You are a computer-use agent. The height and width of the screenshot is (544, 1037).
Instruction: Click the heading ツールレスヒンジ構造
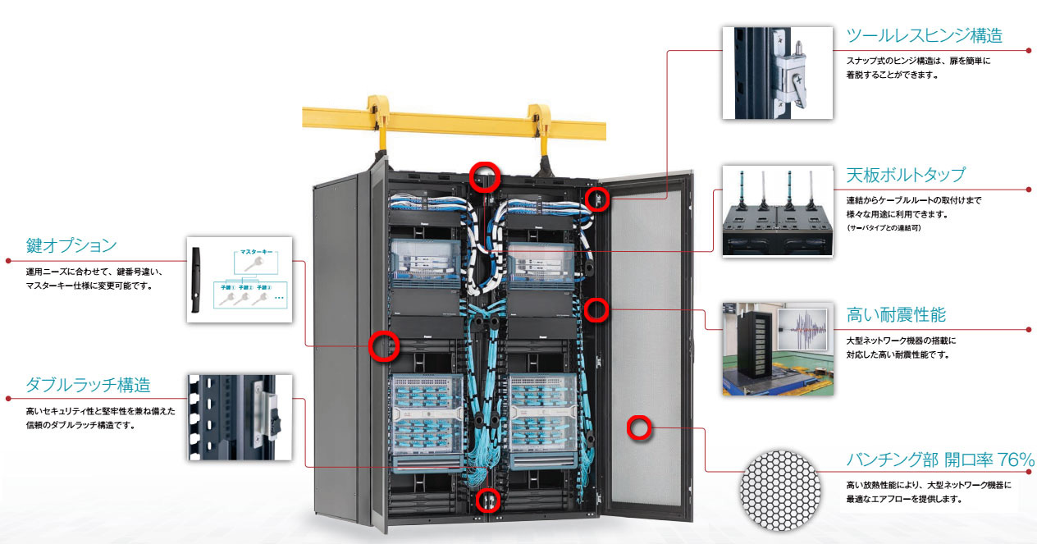point(924,36)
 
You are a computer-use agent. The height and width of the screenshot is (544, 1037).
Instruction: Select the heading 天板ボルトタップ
point(905,176)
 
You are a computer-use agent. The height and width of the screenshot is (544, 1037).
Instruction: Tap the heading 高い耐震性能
point(896,315)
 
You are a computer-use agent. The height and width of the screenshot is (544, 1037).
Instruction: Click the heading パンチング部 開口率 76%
point(940,459)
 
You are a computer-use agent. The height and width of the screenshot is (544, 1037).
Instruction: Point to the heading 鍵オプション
point(71,245)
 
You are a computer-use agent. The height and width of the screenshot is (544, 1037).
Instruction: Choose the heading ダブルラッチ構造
point(88,385)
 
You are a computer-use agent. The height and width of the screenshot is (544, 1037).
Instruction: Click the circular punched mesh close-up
point(779,490)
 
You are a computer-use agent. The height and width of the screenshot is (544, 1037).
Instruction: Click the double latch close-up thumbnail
point(239,416)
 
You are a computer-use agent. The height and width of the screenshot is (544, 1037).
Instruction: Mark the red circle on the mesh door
point(639,427)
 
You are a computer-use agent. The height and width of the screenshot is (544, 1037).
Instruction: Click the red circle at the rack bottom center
point(487,498)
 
